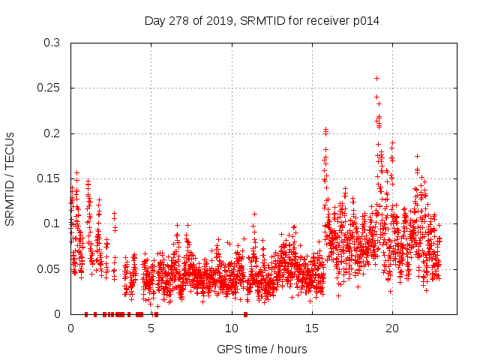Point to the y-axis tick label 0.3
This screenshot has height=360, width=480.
point(51,43)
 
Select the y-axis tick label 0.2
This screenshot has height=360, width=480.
point(51,133)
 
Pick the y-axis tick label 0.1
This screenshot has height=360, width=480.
point(51,223)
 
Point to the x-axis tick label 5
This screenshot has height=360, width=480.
point(151,328)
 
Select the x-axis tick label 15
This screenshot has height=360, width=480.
point(311,328)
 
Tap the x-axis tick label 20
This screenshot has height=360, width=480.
point(391,328)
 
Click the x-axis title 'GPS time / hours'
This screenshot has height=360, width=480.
point(262,349)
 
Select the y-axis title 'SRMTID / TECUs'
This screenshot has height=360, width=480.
point(10,178)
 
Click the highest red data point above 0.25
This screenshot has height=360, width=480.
point(376,78)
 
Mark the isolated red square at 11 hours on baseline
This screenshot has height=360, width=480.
point(246,314)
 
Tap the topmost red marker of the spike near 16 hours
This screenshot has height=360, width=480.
point(325,130)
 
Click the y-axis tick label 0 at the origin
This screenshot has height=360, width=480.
point(58,314)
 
